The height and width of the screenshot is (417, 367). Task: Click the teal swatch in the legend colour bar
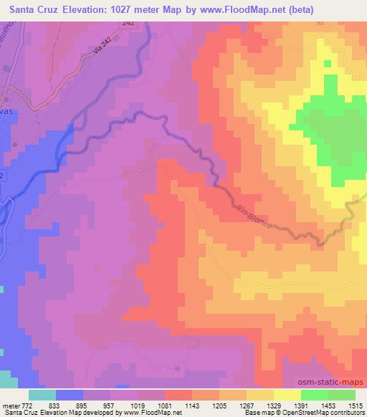click(42, 394)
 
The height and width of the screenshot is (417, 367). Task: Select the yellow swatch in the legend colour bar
click(287, 394)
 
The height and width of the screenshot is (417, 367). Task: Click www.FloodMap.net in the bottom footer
click(138, 413)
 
